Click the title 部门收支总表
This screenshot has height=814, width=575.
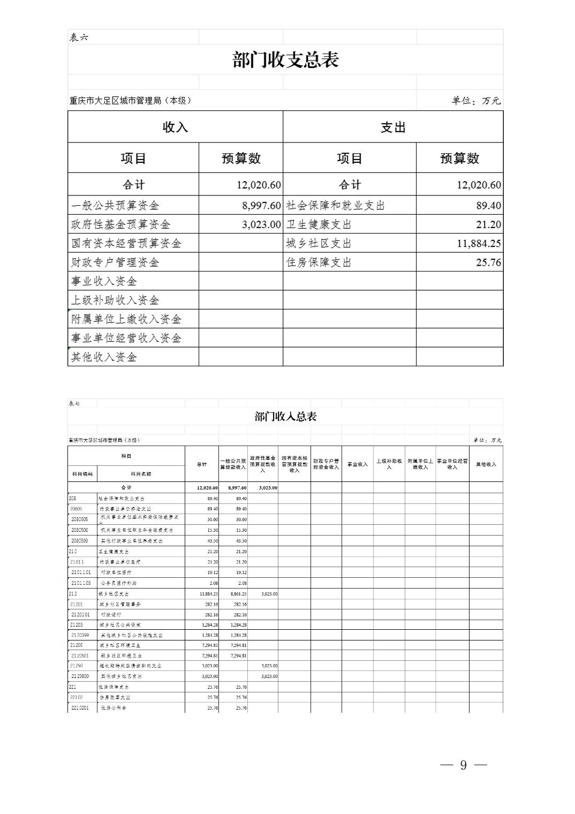[285, 59]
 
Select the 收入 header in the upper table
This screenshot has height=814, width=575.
[175, 127]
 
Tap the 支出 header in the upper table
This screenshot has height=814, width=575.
[393, 127]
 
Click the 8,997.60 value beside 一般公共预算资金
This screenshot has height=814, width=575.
[261, 206]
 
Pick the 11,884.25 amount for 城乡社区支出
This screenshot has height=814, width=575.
[479, 244]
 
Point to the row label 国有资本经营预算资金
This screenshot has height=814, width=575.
[127, 244]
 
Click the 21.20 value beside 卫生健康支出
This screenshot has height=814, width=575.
[488, 225]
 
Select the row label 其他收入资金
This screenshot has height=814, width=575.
[104, 357]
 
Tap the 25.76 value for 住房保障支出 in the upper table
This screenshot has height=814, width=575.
[488, 262]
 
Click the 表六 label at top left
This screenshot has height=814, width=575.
[79, 37]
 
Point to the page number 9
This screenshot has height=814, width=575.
[463, 765]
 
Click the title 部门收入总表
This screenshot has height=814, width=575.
[285, 417]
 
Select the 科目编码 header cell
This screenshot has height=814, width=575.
[82, 474]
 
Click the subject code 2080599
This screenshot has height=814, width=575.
[80, 541]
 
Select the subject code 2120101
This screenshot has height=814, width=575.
[80, 615]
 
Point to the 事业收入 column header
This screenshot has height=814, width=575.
[357, 464]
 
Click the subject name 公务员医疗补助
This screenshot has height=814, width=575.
[118, 583]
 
